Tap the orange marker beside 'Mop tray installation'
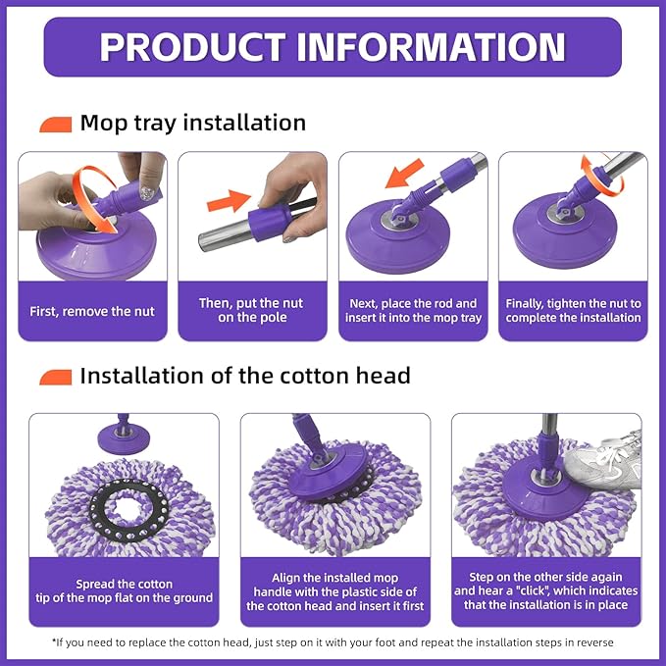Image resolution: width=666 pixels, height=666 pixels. [56, 125]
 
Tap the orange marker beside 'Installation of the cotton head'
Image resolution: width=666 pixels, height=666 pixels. [56, 377]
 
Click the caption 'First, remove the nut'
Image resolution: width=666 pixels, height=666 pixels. [93, 311]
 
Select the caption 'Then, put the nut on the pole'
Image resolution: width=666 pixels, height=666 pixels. [252, 311]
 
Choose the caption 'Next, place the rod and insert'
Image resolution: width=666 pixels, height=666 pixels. [413, 311]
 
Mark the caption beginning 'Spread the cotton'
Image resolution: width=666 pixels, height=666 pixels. [130, 591]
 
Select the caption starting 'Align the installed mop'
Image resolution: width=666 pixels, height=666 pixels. [333, 592]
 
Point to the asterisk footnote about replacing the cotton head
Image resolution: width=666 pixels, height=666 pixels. [333, 642]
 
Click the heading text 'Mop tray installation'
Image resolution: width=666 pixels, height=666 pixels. [193, 124]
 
